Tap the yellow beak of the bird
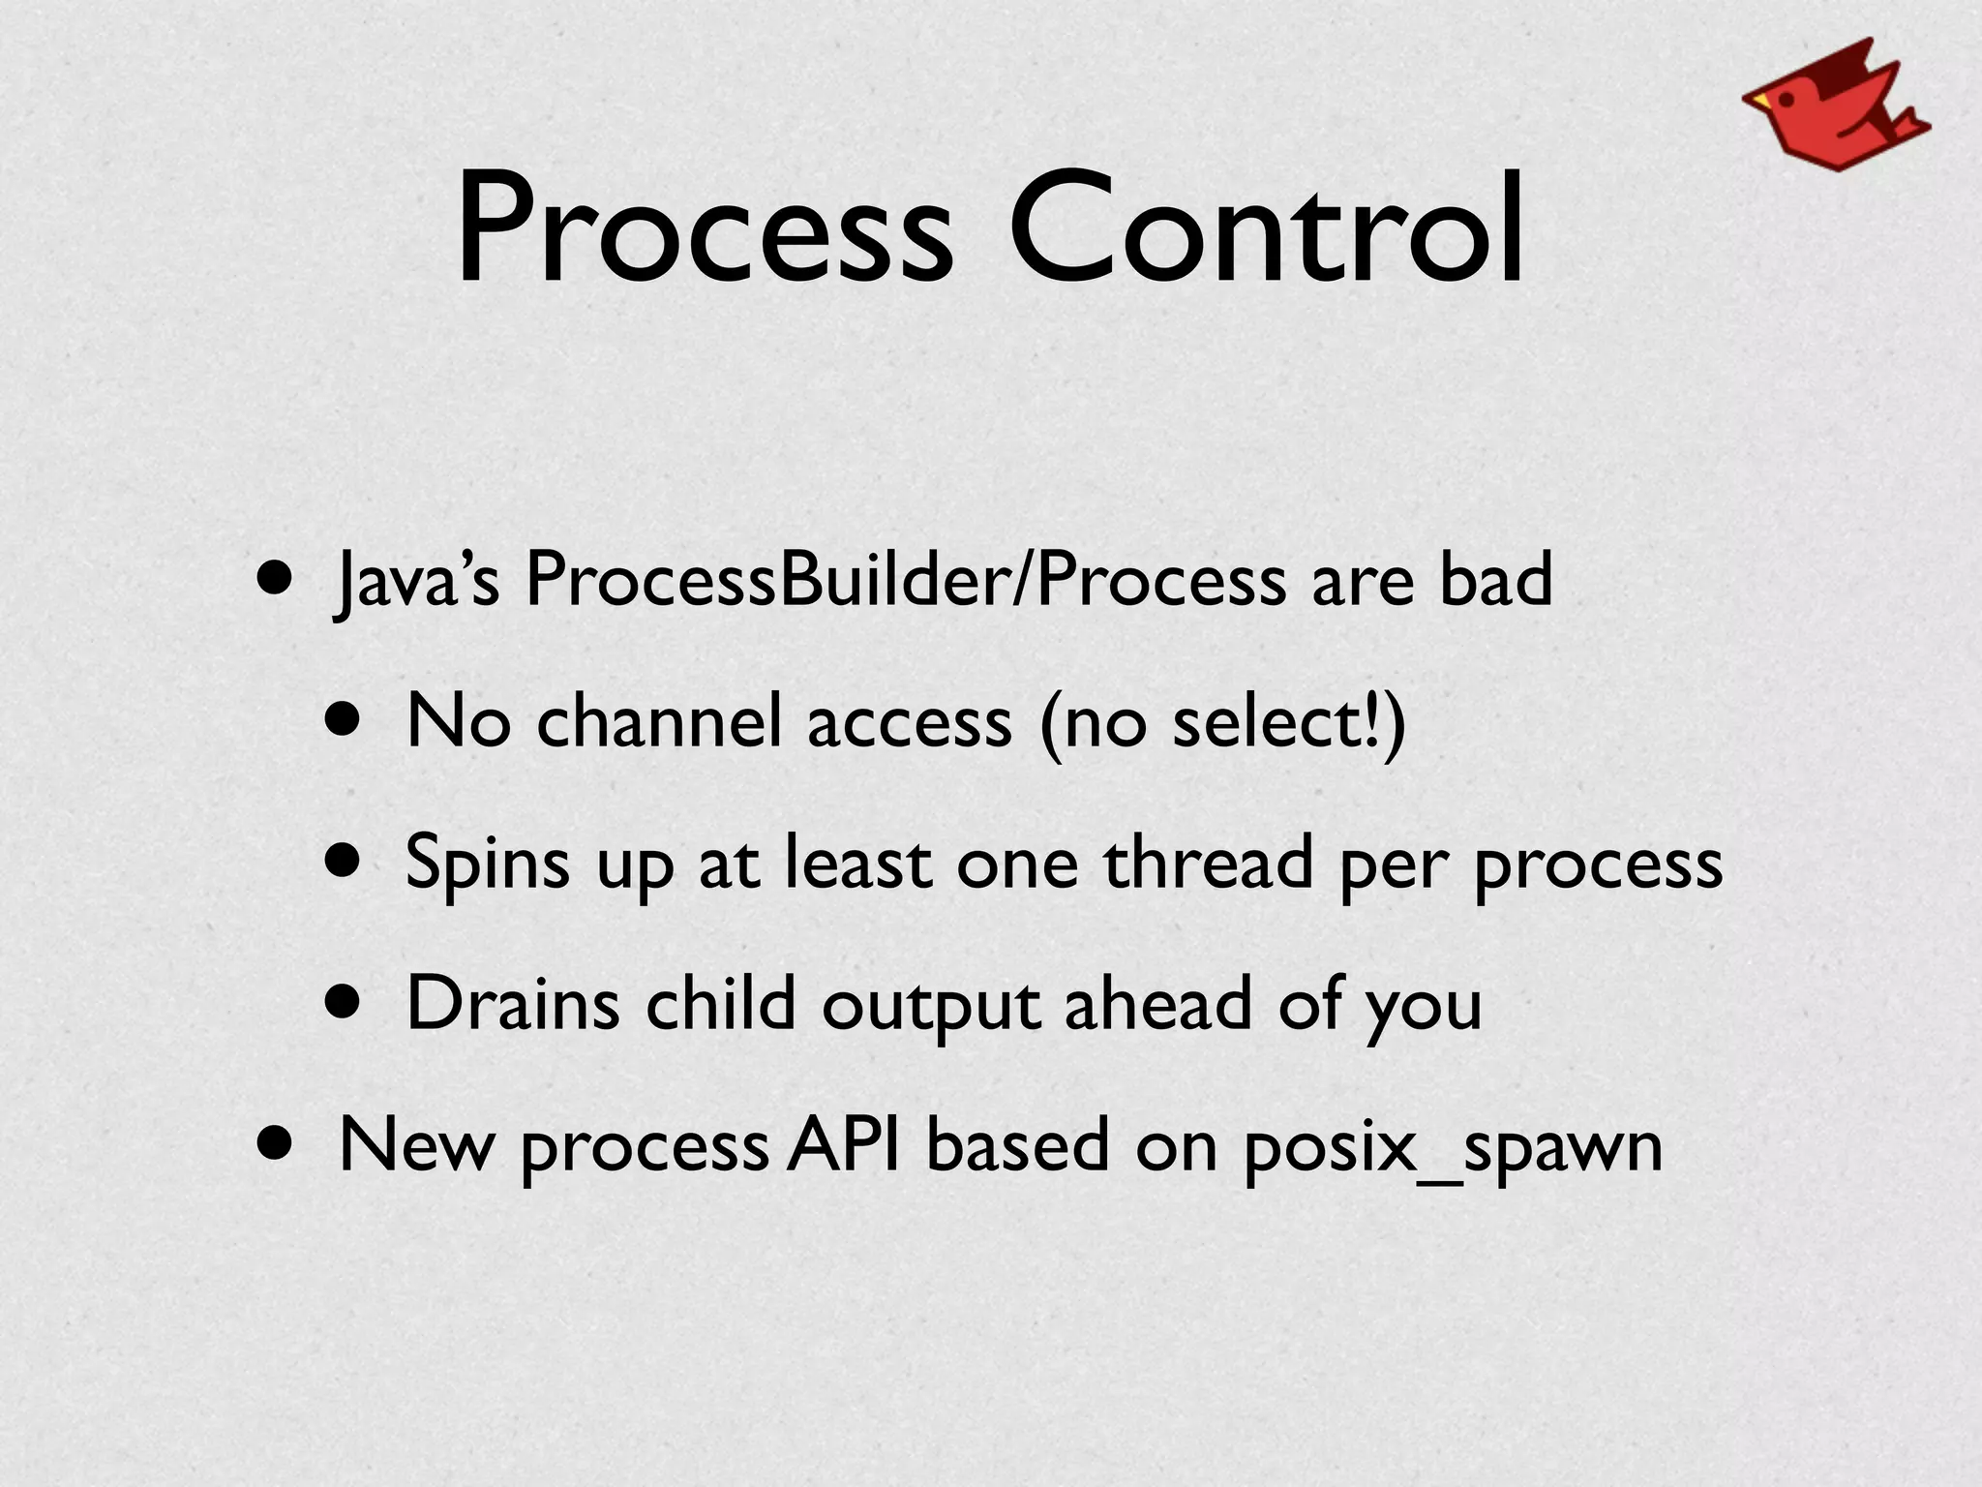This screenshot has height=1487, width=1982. pos(1756,100)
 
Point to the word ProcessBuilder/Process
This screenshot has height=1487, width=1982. pos(905,581)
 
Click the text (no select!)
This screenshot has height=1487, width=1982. pos(1222,724)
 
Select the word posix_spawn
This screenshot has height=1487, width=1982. pos(1453,1148)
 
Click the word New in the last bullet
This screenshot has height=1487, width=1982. pos(416,1144)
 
